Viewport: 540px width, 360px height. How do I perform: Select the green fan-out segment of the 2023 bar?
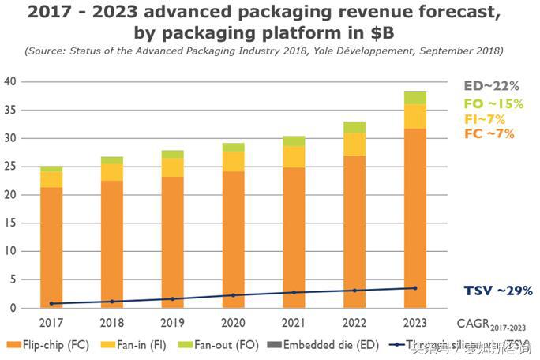416,97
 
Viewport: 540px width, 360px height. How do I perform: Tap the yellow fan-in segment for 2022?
354,144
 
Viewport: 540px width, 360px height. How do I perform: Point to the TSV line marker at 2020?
233,295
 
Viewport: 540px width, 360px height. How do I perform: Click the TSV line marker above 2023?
416,288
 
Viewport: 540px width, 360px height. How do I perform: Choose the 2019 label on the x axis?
172,322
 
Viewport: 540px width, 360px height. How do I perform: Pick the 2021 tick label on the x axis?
294,322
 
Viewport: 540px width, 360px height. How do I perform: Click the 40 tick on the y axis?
10,81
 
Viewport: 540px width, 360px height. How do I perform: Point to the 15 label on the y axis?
10,223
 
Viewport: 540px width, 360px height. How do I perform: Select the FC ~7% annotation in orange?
490,133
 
